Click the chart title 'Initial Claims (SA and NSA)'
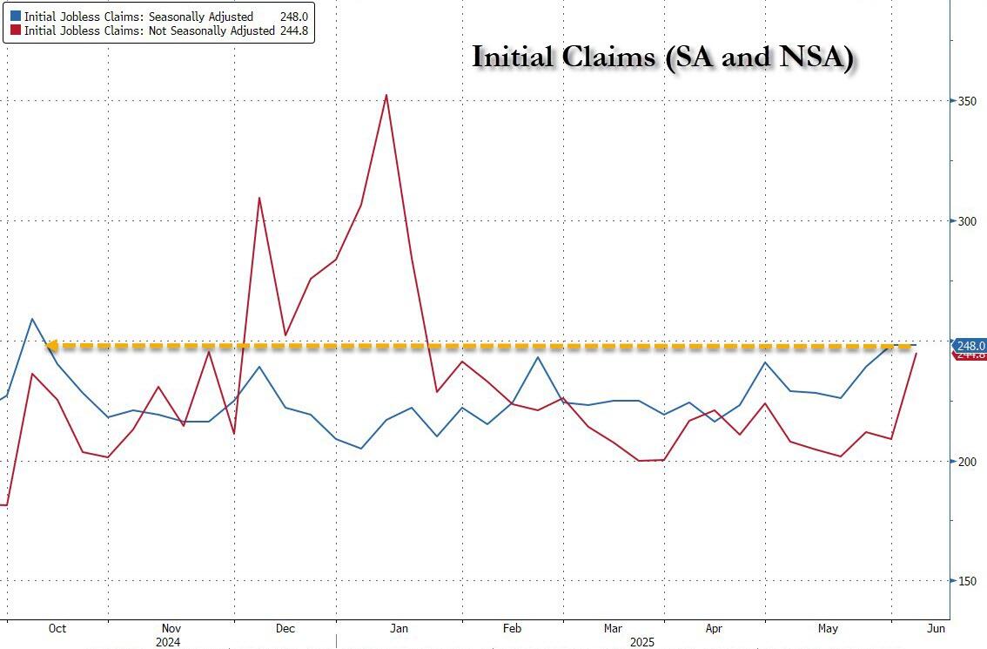click(x=662, y=57)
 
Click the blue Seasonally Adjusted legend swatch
click(x=15, y=17)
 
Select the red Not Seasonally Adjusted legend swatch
click(x=15, y=31)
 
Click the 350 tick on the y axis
click(x=965, y=102)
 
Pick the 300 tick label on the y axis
click(x=965, y=221)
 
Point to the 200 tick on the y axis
click(x=965, y=462)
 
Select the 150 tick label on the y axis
click(x=965, y=581)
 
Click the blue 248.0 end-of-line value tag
click(x=970, y=345)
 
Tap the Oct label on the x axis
click(x=57, y=628)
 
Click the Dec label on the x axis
click(x=285, y=628)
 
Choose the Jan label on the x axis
click(x=399, y=628)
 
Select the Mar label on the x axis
click(x=613, y=628)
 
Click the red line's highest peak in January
click(x=386, y=95)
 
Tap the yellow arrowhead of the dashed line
click(x=51, y=346)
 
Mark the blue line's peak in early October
click(x=31, y=319)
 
